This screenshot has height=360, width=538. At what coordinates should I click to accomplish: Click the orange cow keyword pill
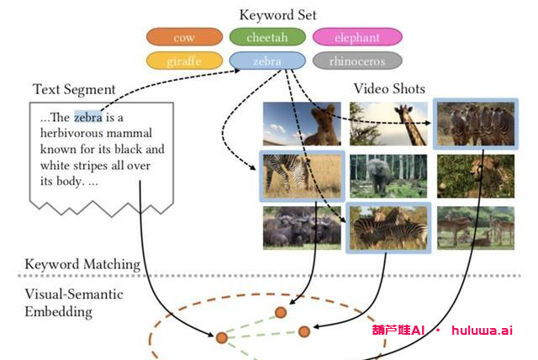(x=183, y=38)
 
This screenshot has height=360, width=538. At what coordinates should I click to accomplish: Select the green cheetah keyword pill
(x=266, y=38)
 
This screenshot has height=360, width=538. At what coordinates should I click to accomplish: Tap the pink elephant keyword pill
(x=357, y=38)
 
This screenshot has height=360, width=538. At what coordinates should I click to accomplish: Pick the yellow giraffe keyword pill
(x=183, y=61)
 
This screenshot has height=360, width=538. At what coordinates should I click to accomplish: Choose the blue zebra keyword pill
(x=266, y=61)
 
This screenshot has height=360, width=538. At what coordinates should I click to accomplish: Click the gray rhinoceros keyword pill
(x=357, y=61)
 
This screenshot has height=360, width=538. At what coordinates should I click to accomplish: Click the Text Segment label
(x=74, y=89)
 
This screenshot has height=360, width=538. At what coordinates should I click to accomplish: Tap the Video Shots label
(x=389, y=88)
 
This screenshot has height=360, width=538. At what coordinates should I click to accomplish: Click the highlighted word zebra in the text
(x=88, y=118)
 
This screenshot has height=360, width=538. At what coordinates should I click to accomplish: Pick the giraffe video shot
(x=388, y=124)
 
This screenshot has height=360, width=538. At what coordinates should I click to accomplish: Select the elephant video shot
(x=388, y=176)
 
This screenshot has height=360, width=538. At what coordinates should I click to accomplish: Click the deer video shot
(x=475, y=227)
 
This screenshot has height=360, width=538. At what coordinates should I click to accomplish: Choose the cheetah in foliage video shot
(x=475, y=176)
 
